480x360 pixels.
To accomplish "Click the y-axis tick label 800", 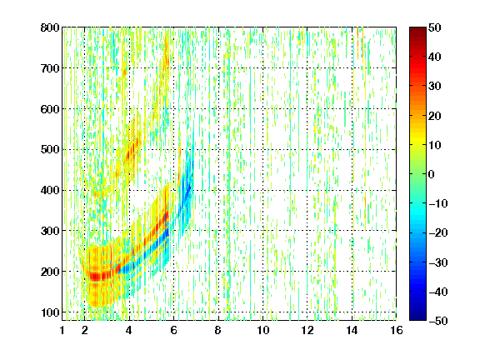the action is (50, 27).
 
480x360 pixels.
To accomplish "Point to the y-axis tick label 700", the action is (50, 68).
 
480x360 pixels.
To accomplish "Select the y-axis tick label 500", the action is (50, 150).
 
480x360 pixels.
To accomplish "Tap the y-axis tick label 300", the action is (50, 231).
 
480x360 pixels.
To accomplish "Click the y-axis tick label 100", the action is (50, 312).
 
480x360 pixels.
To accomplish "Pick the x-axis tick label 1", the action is (62, 330).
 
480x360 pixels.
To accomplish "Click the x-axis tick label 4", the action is (129, 330).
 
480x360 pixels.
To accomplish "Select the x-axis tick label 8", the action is (218, 330).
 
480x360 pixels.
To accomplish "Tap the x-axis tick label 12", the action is (307, 330).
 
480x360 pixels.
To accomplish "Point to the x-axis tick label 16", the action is (397, 330).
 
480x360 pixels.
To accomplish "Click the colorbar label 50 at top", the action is (434, 27).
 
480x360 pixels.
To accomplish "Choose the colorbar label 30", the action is (434, 86).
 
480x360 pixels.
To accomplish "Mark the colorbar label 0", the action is (432, 174).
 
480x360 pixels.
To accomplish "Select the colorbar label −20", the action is (438, 232).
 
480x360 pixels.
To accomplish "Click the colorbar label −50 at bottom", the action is (438, 321).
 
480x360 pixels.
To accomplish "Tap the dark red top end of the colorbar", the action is (417, 29).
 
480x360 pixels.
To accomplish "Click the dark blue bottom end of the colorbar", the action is (417, 318).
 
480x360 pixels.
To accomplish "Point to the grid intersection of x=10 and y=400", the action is (262, 190).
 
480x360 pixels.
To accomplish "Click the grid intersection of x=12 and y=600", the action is (307, 108).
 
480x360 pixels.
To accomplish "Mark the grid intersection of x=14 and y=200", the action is (352, 271).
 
